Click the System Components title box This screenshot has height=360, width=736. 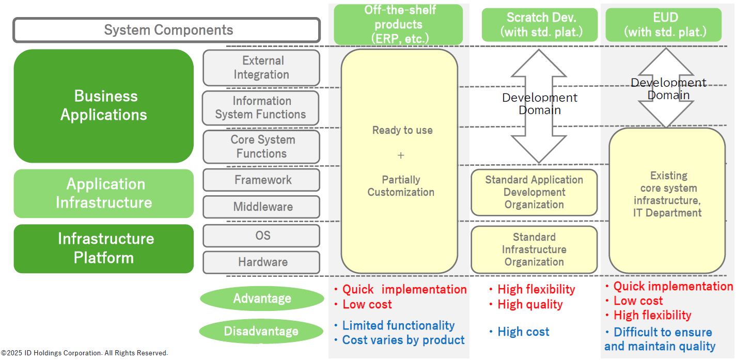(x=166, y=30)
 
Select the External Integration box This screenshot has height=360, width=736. (x=261, y=68)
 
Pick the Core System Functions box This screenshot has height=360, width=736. (x=261, y=147)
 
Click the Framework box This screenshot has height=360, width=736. (x=261, y=180)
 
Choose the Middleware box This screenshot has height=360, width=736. (x=261, y=207)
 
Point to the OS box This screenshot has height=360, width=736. (x=261, y=236)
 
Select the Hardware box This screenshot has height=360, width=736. (x=261, y=262)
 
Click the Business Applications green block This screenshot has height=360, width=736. (x=104, y=106)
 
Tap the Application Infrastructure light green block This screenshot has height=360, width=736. (x=104, y=194)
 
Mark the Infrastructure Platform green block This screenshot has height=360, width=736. (x=104, y=248)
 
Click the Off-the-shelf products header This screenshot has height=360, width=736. (x=398, y=24)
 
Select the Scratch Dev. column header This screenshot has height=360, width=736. (x=539, y=25)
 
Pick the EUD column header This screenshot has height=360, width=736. (x=664, y=25)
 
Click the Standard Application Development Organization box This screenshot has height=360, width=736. (x=534, y=193)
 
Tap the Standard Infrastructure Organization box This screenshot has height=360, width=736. (x=534, y=249)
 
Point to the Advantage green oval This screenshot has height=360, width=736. (x=262, y=299)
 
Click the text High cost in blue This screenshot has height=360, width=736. (x=523, y=332)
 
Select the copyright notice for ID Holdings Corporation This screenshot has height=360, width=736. (x=84, y=353)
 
